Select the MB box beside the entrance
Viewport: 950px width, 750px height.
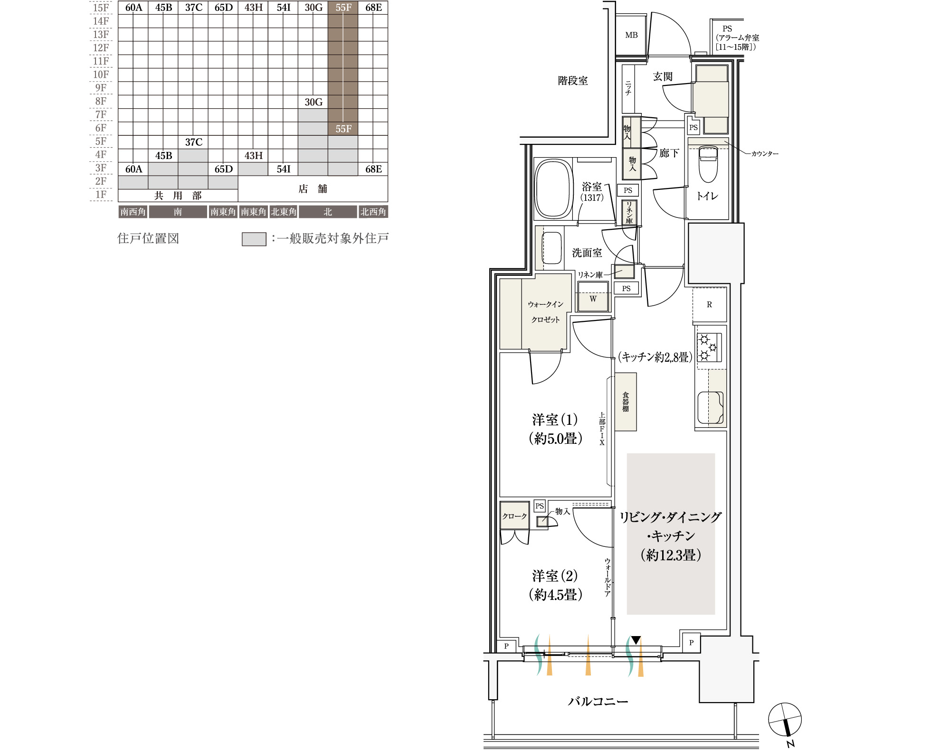631,35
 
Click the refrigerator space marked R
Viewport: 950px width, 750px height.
709,305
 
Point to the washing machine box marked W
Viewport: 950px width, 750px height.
593,297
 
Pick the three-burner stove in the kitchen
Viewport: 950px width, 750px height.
709,347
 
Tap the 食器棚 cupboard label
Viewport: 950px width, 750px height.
626,402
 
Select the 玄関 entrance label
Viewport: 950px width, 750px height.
663,76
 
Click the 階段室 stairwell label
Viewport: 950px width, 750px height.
573,81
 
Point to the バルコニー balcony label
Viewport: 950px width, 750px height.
598,701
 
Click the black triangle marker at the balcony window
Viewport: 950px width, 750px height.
636,640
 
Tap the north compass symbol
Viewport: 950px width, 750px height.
785,720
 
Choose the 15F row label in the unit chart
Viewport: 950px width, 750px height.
101,8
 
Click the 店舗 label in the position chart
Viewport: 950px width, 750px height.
313,189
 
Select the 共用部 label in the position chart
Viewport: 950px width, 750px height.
178,196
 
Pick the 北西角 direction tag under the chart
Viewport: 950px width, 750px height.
373,212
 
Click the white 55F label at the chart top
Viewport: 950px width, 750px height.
343,8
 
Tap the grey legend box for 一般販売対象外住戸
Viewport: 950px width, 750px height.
254,239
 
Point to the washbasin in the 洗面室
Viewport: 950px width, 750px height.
551,248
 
